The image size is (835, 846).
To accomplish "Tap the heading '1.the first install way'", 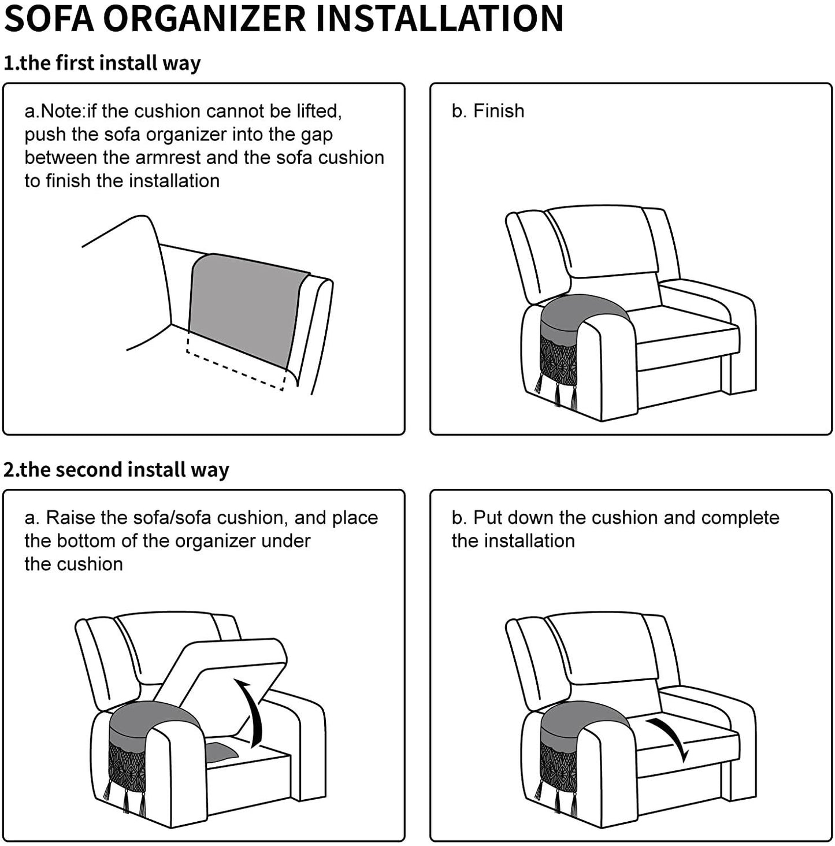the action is [102, 63].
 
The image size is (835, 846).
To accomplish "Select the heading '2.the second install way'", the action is [116, 469].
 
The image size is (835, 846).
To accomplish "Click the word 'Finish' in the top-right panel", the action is [499, 111].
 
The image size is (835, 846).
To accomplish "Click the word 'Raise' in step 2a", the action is [71, 518].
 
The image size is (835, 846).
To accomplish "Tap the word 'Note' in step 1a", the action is [64, 111].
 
